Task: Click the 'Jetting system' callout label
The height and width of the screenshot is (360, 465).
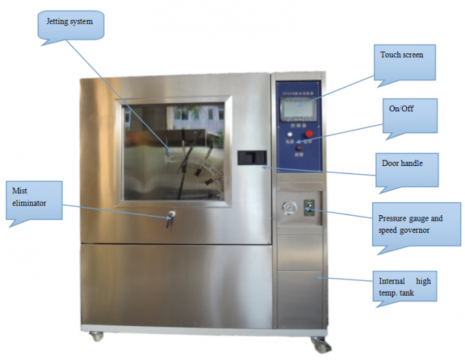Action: [69, 21]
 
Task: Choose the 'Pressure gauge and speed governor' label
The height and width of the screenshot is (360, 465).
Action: [410, 224]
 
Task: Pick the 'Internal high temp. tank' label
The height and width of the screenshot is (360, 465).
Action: [405, 287]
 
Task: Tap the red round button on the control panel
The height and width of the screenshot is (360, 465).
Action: [308, 134]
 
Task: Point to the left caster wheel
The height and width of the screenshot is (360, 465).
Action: [96, 336]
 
